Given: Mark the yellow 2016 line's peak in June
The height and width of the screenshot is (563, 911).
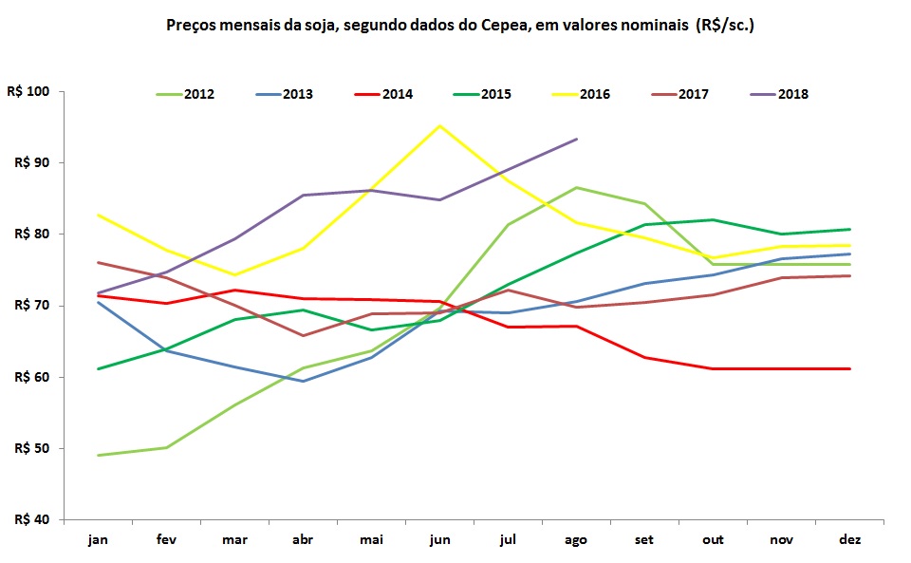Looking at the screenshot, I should pyautogui.click(x=440, y=125).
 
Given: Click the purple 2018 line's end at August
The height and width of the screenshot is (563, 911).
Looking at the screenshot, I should pyautogui.click(x=577, y=139).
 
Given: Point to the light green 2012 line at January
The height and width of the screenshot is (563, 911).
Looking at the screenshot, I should pyautogui.click(x=99, y=455).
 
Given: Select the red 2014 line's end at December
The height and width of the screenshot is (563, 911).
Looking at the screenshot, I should pyautogui.click(x=850, y=368).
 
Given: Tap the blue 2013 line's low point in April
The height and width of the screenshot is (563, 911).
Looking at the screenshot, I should pyautogui.click(x=304, y=381).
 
